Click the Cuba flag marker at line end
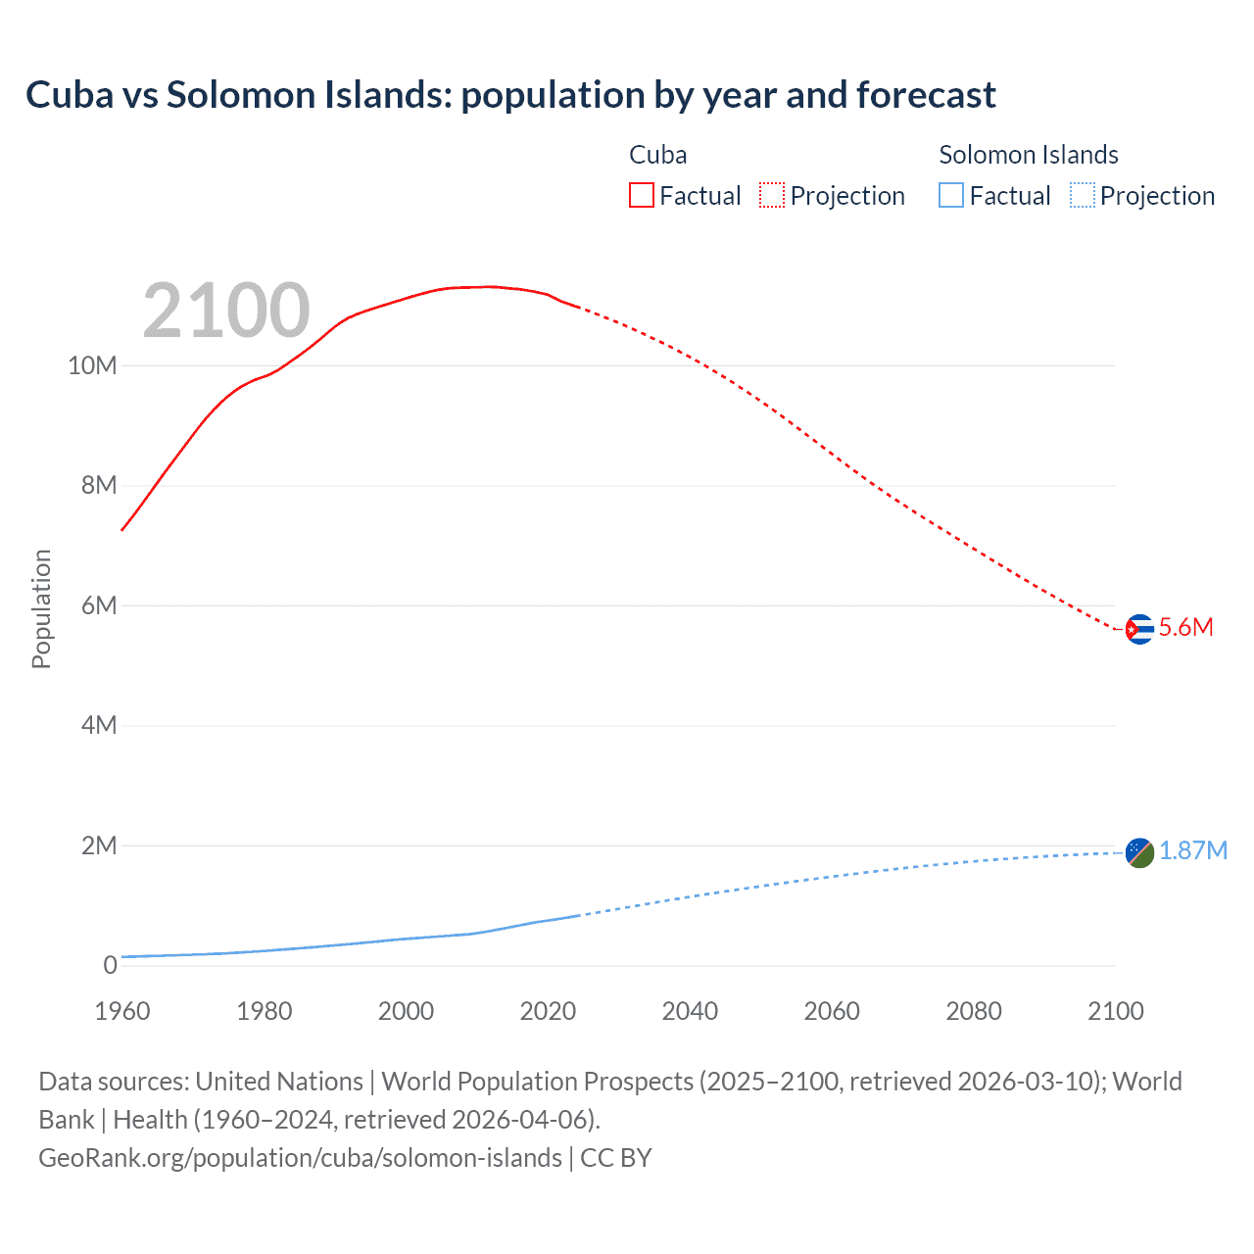click(1138, 629)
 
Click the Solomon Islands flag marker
click(1138, 852)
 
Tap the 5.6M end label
click(1185, 628)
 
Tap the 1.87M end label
click(1192, 850)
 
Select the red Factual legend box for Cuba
click(641, 195)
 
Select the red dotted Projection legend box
click(772, 195)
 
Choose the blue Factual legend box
click(950, 195)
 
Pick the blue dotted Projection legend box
click(1082, 195)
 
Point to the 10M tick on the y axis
click(92, 365)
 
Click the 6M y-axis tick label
click(99, 605)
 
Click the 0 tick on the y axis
click(110, 965)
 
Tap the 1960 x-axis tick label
click(122, 1011)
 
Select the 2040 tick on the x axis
click(690, 1011)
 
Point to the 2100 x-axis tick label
click(1115, 1011)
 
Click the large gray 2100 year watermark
click(226, 311)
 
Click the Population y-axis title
click(41, 608)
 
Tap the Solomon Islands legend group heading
click(1028, 155)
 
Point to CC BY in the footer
click(615, 1157)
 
